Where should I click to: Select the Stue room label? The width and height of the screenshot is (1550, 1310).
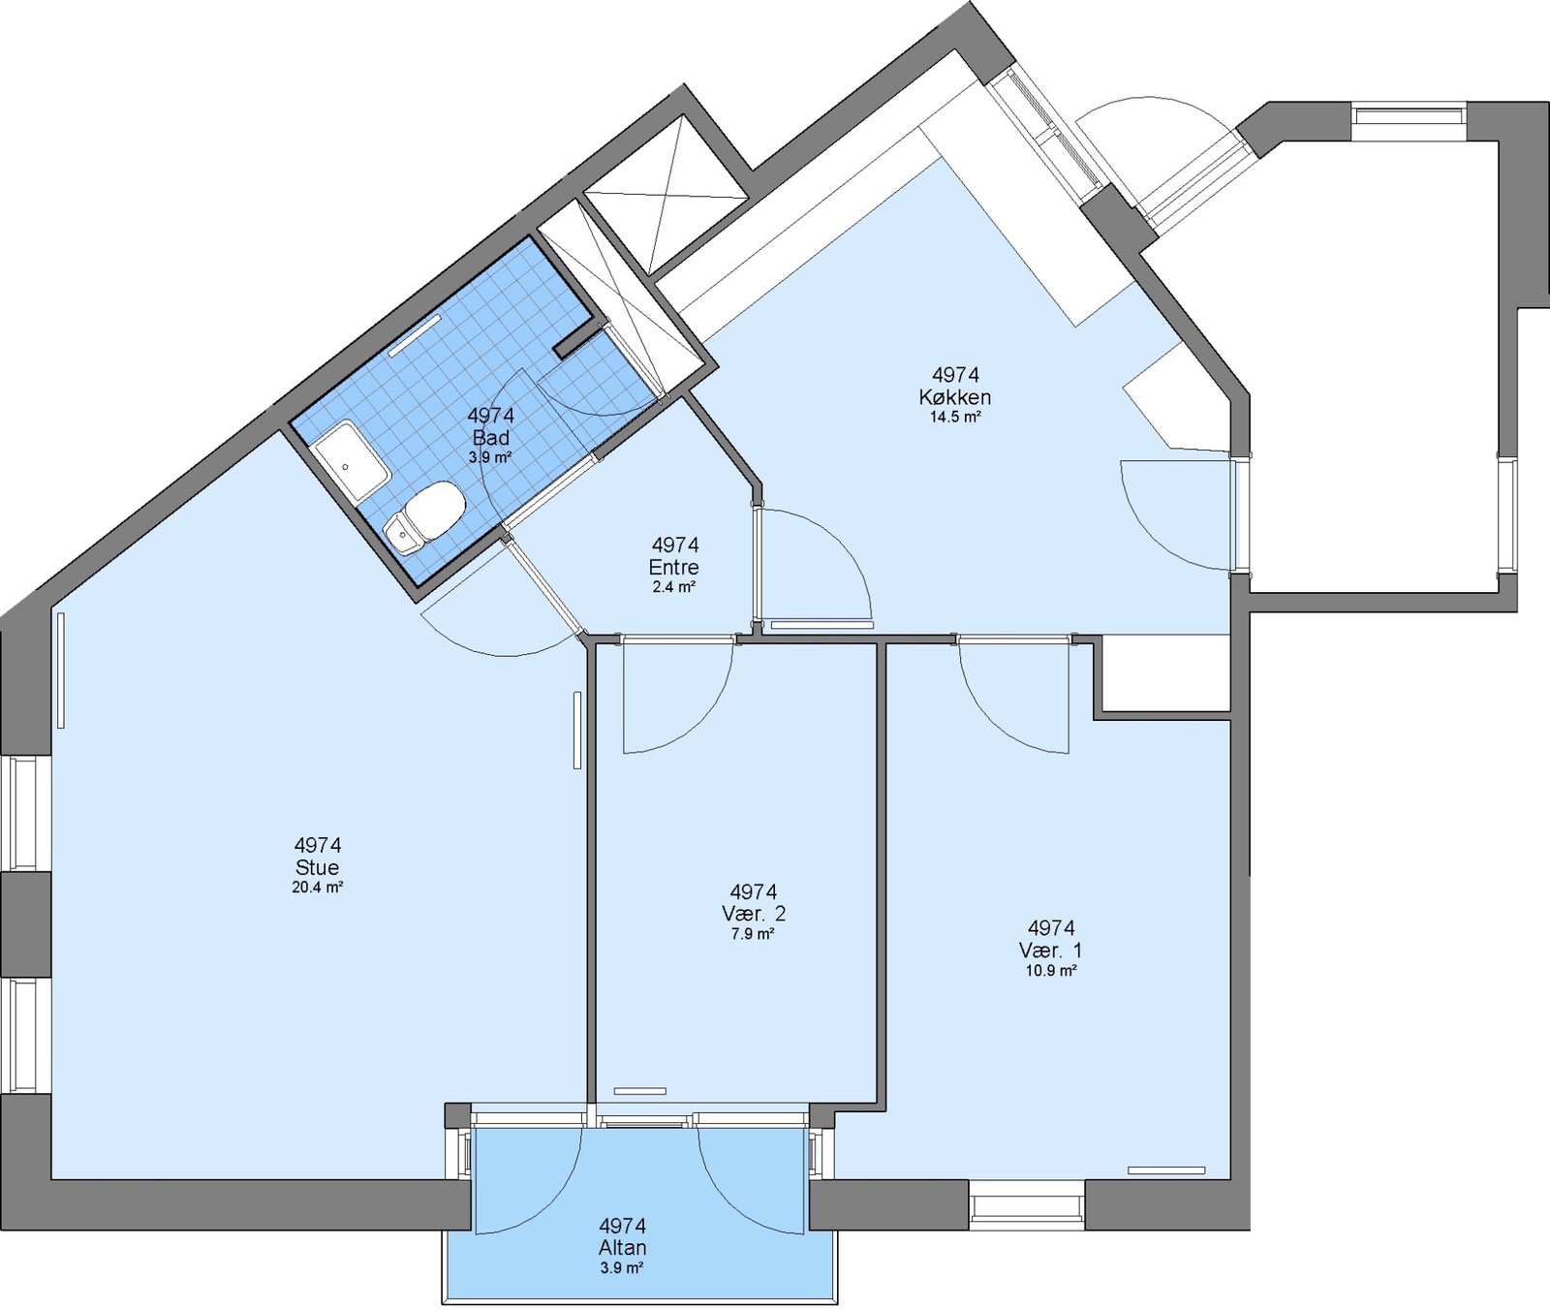[x=318, y=868]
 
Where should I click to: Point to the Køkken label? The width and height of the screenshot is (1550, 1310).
[x=955, y=397]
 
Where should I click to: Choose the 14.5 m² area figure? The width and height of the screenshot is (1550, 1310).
[x=955, y=418]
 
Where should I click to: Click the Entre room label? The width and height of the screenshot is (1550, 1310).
[x=674, y=568]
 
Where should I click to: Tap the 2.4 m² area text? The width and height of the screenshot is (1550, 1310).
[x=674, y=587]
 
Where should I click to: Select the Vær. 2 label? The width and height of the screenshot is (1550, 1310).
[x=754, y=915]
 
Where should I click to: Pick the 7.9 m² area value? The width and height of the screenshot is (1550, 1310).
[x=754, y=935]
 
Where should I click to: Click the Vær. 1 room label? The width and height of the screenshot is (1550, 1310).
[x=1051, y=951]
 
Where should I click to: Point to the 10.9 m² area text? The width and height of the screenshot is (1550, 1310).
[x=1051, y=971]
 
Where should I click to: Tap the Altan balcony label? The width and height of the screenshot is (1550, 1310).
[x=622, y=1248]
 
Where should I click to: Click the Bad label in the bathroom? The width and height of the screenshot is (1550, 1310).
[x=490, y=438]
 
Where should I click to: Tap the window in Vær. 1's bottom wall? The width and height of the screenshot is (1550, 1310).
[x=1028, y=1204]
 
